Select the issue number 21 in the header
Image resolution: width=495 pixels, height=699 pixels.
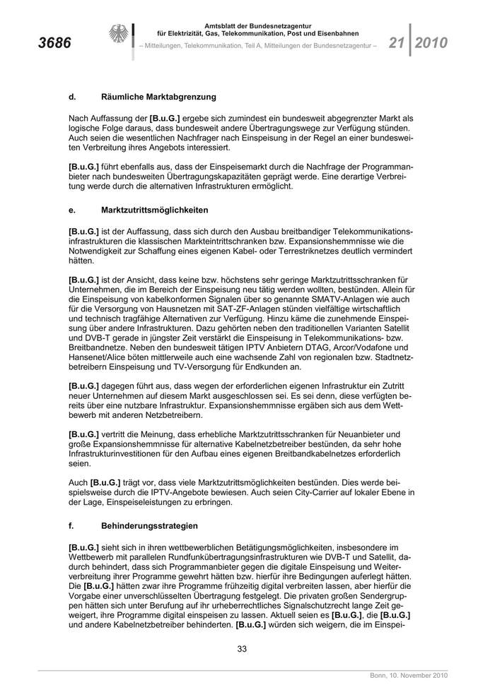coord(396,43)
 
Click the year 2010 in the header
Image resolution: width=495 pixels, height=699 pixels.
coord(431,43)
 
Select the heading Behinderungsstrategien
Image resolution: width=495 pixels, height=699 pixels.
coord(149,526)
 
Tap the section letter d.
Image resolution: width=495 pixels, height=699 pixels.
coord(71,96)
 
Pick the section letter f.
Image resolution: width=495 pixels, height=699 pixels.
coord(71,526)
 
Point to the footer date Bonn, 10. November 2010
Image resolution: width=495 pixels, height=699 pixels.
coord(409,676)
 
